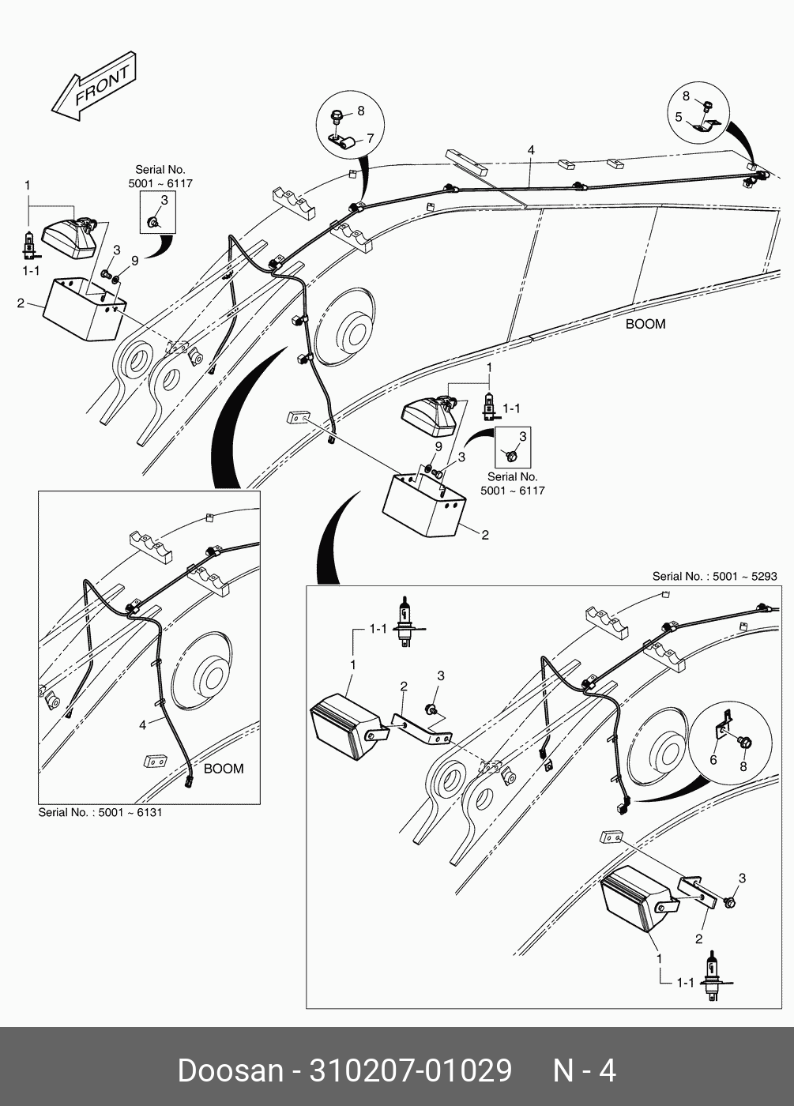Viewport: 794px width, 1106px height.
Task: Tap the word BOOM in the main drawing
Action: click(x=645, y=324)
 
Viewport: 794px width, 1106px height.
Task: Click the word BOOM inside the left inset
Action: click(x=224, y=768)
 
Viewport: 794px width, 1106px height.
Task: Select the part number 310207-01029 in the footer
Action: click(x=411, y=1071)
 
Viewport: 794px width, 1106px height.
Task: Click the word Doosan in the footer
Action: click(x=230, y=1071)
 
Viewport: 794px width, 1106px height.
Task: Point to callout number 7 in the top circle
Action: click(x=370, y=139)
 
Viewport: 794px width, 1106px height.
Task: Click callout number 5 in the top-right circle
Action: click(x=679, y=117)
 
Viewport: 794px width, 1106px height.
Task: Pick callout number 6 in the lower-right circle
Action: click(x=713, y=760)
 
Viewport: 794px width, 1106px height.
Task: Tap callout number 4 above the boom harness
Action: click(x=531, y=150)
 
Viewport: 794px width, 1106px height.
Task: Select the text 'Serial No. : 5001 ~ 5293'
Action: click(x=714, y=577)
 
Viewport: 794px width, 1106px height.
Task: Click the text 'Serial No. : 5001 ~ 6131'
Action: click(x=100, y=812)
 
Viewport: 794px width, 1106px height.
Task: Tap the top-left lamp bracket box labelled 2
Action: click(x=82, y=308)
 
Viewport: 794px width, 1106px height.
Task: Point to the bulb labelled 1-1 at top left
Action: click(x=29, y=243)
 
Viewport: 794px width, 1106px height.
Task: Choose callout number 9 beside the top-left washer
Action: click(x=134, y=261)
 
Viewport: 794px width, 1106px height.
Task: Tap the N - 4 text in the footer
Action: click(x=584, y=1071)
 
